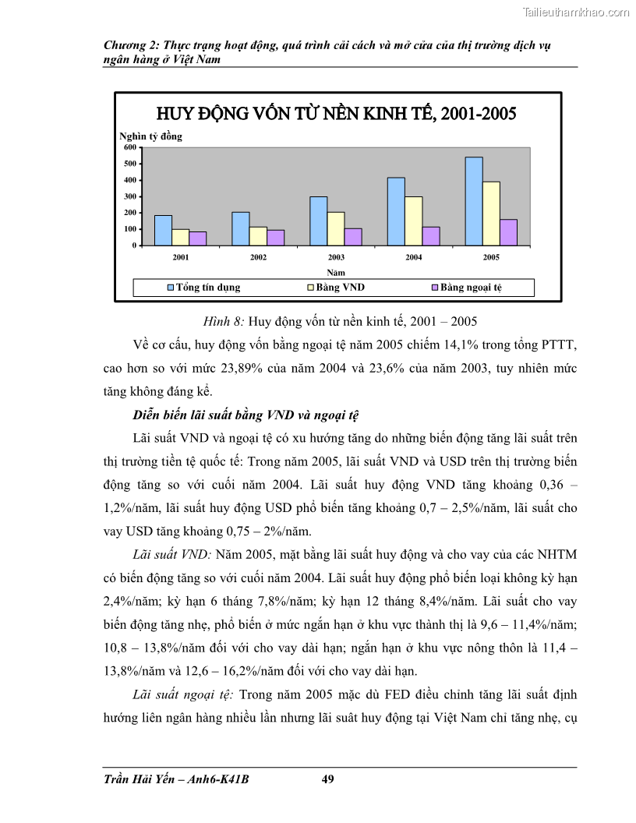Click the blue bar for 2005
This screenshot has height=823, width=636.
point(474,201)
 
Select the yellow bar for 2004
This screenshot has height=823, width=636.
point(414,221)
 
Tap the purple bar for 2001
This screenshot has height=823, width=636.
point(198,238)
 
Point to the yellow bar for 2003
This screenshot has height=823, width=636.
point(336,228)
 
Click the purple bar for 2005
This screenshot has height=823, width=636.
point(508,232)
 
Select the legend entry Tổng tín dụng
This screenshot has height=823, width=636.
point(204,288)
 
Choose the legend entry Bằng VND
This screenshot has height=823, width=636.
point(336,288)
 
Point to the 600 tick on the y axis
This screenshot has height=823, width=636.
point(130,147)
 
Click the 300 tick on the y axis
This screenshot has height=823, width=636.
point(130,196)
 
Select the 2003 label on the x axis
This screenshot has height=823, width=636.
point(336,256)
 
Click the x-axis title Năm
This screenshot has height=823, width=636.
point(336,272)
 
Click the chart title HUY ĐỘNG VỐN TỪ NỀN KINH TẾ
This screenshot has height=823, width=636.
point(337,114)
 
